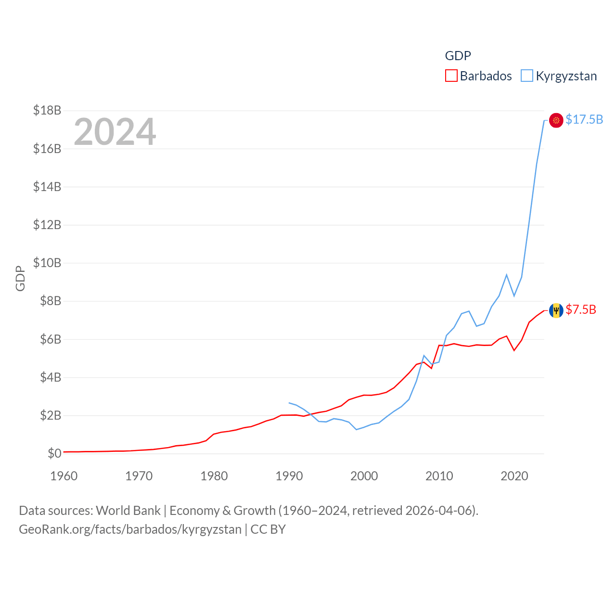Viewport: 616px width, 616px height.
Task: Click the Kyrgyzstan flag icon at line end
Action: click(556, 120)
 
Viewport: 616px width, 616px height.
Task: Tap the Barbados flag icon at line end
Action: click(556, 310)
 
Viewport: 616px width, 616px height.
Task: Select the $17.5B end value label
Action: click(584, 119)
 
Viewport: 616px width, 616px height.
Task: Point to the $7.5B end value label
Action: click(581, 309)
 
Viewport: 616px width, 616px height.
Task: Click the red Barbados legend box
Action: click(451, 76)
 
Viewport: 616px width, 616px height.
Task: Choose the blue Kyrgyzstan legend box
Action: click(527, 76)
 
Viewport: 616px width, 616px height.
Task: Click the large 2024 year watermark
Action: click(115, 132)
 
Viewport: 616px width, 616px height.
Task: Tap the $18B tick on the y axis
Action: click(47, 111)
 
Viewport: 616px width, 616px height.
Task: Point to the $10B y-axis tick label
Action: click(47, 263)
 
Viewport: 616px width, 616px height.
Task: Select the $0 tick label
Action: click(54, 453)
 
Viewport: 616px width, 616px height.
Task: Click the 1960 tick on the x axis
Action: click(64, 476)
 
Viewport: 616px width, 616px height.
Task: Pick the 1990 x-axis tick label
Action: click(289, 476)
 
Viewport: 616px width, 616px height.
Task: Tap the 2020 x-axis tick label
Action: click(514, 476)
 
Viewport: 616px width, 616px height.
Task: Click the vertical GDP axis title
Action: click(20, 278)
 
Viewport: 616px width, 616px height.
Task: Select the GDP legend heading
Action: click(458, 56)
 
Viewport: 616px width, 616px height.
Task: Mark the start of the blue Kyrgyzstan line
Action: click(289, 403)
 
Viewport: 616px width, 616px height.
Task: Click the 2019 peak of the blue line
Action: click(507, 275)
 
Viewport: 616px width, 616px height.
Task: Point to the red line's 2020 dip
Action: click(514, 350)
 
